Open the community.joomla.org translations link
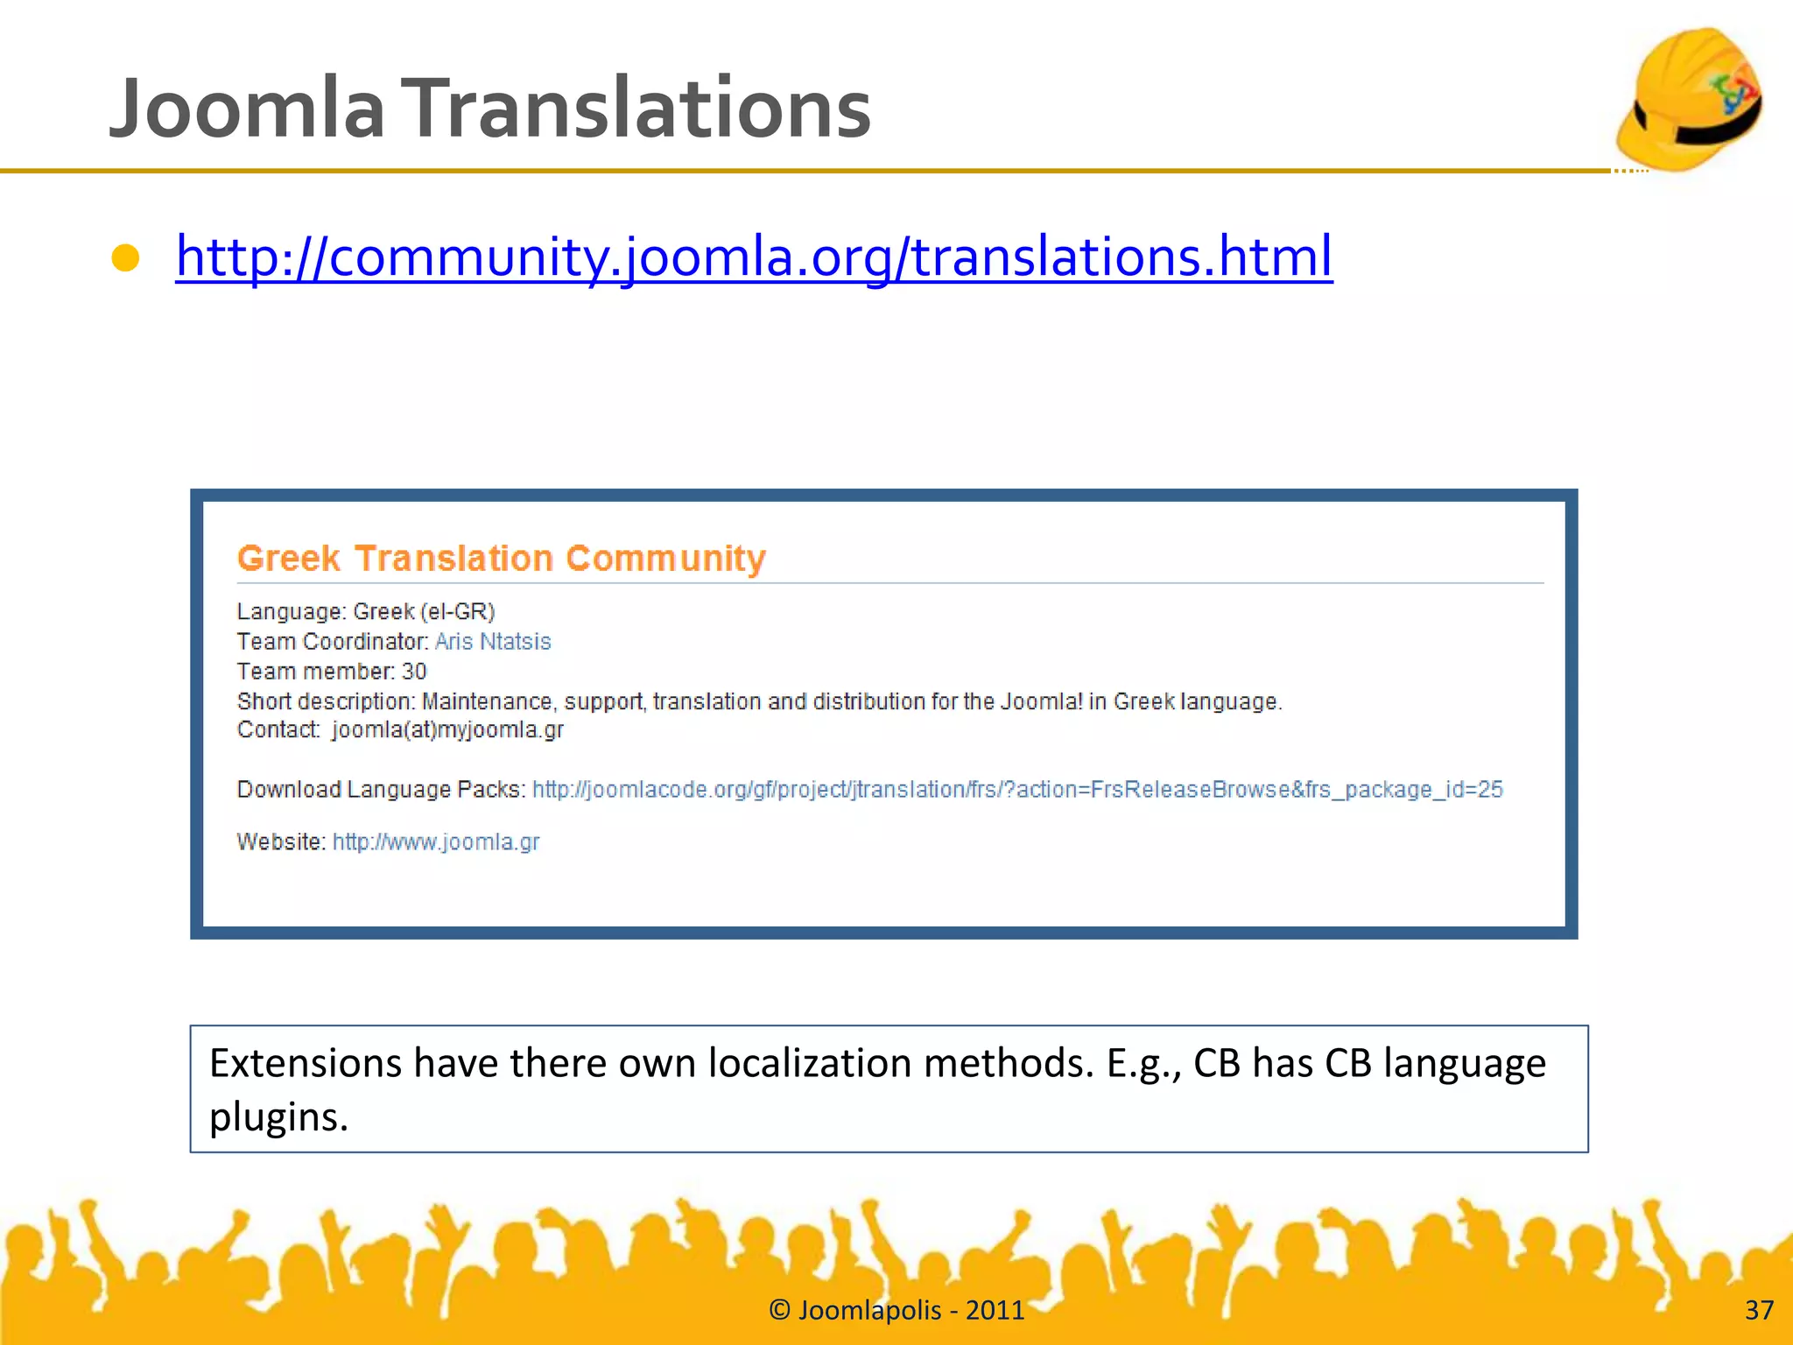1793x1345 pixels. (x=754, y=256)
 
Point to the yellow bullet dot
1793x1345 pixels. (x=126, y=258)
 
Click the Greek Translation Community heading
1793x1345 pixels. (x=502, y=559)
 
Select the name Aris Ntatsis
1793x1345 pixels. (x=493, y=642)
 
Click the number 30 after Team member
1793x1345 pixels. (x=414, y=672)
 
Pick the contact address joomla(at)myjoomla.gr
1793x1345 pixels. (x=447, y=729)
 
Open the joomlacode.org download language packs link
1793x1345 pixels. (x=1017, y=790)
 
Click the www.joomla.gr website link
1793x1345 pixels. (x=436, y=842)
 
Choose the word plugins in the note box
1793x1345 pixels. (x=278, y=1116)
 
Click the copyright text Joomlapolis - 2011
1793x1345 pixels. (x=896, y=1310)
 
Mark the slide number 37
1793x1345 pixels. (x=1759, y=1310)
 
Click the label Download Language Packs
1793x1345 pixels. (x=381, y=790)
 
